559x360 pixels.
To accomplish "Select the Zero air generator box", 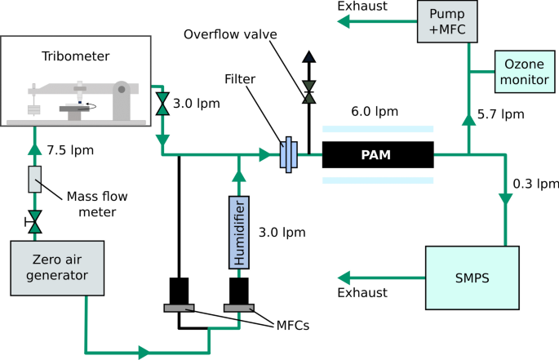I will (47, 269).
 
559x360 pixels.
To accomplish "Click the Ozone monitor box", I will (523, 73).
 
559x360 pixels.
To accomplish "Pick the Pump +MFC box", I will (446, 20).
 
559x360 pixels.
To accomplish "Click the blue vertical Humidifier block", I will (238, 232).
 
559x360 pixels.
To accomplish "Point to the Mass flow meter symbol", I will (34, 180).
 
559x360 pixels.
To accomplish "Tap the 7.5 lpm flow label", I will (71, 150).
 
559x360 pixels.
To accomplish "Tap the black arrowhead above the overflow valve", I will (308, 57).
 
